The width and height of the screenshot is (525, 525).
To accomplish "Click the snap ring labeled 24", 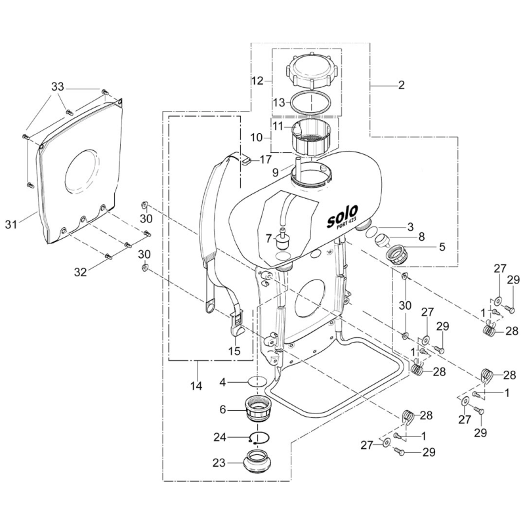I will (x=259, y=438).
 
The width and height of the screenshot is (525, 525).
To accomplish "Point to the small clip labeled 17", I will (x=244, y=158).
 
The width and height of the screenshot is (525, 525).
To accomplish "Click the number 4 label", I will (x=222, y=381).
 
